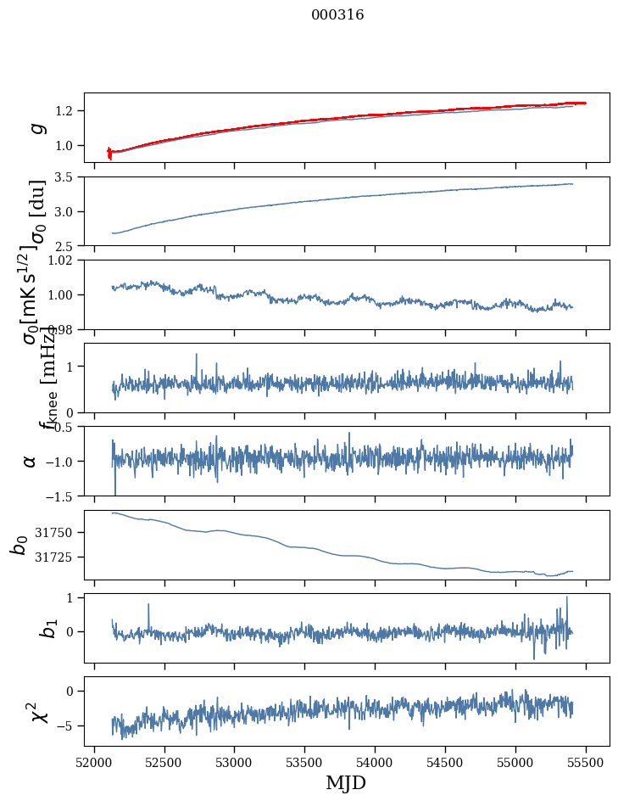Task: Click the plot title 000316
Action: [337, 15]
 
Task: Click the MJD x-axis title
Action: [346, 782]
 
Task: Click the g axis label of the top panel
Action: [35, 127]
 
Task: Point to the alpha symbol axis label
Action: [31, 461]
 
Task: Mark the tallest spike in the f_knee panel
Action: [196, 355]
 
